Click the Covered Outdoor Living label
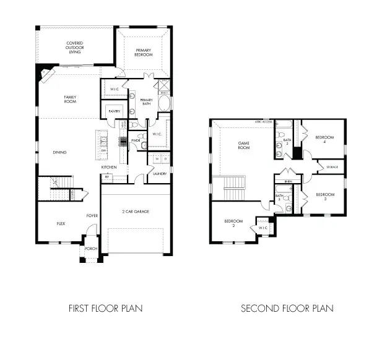[x=76, y=48]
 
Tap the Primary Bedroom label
[x=144, y=52]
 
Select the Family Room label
[x=71, y=99]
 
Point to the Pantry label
[x=114, y=111]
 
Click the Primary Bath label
[x=147, y=102]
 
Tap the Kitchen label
[x=109, y=168]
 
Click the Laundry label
[x=159, y=174]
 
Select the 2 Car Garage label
[x=136, y=212]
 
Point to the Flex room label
[x=61, y=223]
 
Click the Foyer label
[x=92, y=216]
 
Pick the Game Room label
[x=244, y=146]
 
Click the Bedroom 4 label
[x=324, y=139]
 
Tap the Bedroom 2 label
[x=233, y=223]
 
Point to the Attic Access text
[x=264, y=122]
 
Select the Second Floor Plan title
[x=287, y=307]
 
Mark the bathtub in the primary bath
[x=165, y=103]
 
